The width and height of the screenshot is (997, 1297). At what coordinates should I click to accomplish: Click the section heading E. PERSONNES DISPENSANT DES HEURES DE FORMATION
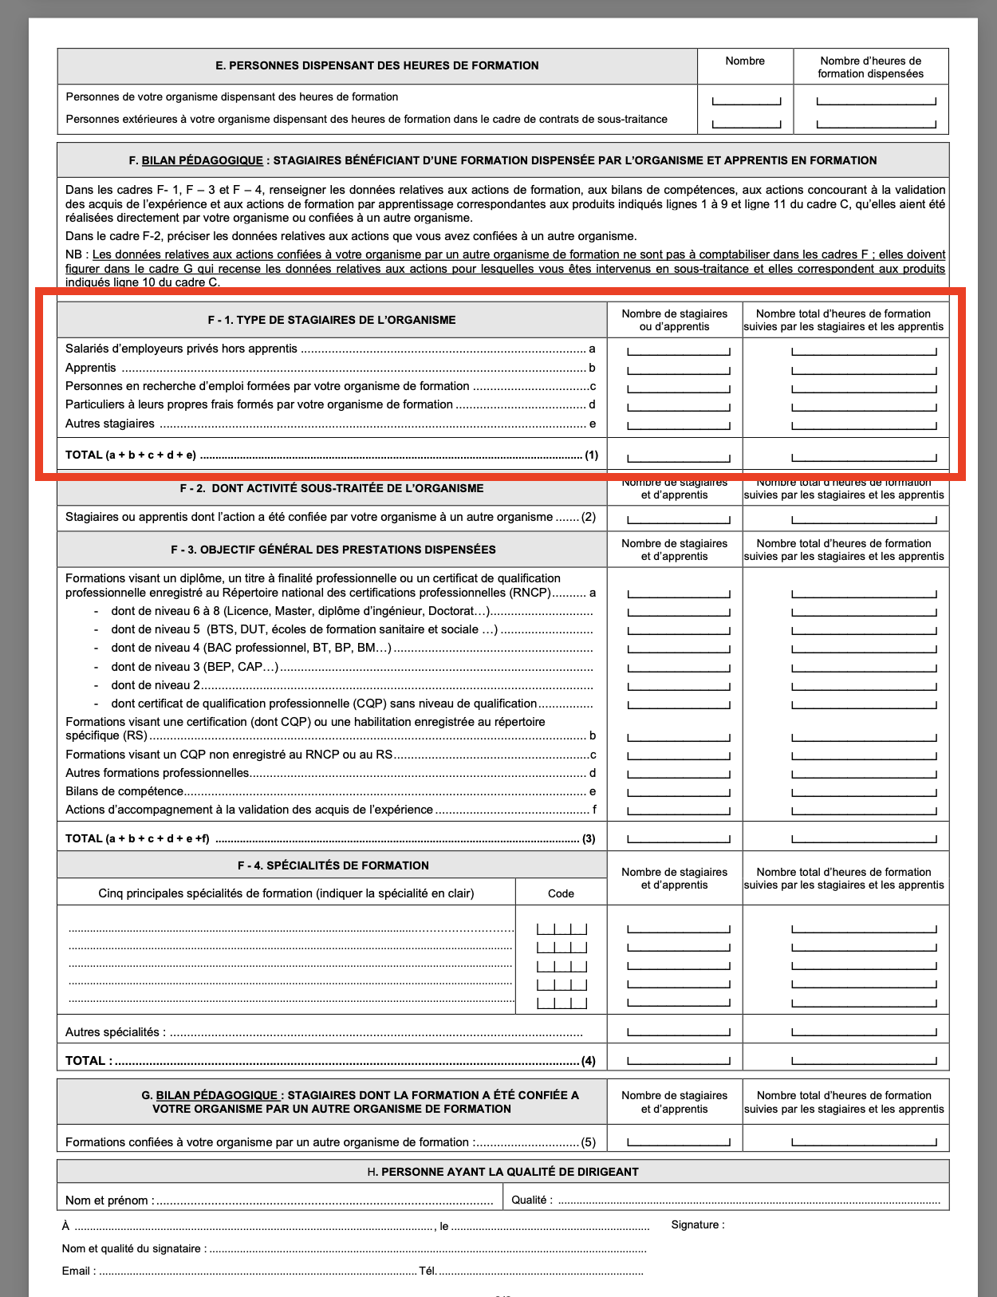click(x=376, y=65)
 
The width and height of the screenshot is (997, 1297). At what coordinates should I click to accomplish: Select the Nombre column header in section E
click(x=745, y=61)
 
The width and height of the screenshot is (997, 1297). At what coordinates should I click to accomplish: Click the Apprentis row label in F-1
click(x=91, y=368)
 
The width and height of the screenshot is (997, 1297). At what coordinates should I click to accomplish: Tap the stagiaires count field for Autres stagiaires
click(x=679, y=425)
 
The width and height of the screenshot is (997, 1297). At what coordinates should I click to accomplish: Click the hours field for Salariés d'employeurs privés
click(x=864, y=350)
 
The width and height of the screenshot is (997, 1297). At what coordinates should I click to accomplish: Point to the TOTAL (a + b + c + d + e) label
click(x=131, y=455)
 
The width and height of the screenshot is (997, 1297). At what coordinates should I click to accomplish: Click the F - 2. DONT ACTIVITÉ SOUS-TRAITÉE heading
click(x=332, y=488)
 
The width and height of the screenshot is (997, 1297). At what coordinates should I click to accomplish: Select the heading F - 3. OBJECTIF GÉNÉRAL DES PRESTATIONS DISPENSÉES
click(x=333, y=550)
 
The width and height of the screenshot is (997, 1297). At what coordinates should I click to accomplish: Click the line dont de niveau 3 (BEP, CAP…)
click(x=195, y=667)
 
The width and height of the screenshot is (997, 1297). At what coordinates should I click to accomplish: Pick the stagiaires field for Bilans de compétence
click(x=679, y=793)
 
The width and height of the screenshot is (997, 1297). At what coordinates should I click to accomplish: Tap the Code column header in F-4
click(x=561, y=893)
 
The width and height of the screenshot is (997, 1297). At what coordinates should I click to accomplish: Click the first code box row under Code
click(x=562, y=928)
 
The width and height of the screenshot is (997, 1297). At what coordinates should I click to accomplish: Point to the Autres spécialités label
click(x=116, y=1032)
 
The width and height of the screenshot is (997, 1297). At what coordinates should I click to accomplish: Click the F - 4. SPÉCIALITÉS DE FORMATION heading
click(x=333, y=865)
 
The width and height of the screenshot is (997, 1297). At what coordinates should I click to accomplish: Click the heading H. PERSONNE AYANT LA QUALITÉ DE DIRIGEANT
click(x=502, y=1172)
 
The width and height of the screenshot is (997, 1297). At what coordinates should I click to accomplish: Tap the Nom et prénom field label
click(x=109, y=1200)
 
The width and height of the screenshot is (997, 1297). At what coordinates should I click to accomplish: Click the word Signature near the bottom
click(x=697, y=1224)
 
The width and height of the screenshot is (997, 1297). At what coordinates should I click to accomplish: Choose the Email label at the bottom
click(x=78, y=1271)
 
